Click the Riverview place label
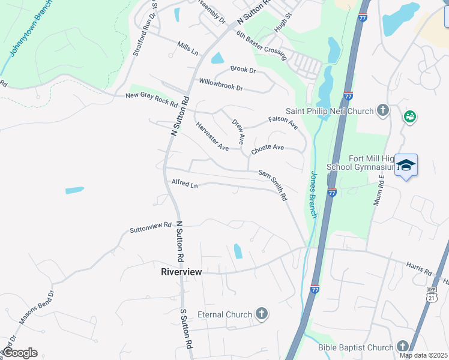click(181, 272)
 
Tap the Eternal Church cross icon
click(261, 314)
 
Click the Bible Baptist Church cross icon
click(402, 346)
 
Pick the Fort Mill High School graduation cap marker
click(406, 166)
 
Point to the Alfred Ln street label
click(185, 184)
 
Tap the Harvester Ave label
click(212, 136)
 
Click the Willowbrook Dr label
click(221, 84)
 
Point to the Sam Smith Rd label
click(273, 185)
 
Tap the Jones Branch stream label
click(316, 195)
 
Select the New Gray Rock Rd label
click(152, 99)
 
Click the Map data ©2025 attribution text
click(423, 355)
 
